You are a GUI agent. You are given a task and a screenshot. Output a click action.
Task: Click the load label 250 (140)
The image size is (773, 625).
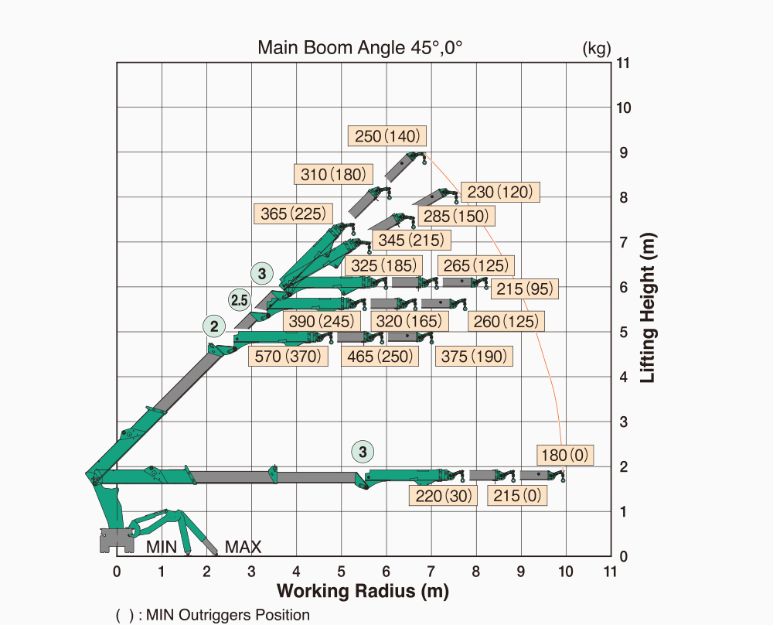pyautogui.click(x=387, y=136)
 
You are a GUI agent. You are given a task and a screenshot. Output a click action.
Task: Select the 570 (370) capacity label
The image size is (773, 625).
pyautogui.click(x=287, y=357)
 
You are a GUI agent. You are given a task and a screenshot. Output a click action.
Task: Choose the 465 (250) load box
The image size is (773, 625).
pyautogui.click(x=381, y=357)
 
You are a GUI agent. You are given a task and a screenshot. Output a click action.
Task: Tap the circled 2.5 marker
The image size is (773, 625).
pyautogui.click(x=239, y=299)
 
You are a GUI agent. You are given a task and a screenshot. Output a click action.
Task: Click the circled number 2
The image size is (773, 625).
pyautogui.click(x=213, y=326)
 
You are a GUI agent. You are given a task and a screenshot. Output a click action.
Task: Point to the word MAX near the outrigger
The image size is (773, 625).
pyautogui.click(x=243, y=548)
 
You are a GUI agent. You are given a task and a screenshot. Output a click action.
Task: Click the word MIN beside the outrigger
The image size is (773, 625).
pyautogui.click(x=162, y=548)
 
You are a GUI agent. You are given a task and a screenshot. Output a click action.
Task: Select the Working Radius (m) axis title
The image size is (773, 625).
pyautogui.click(x=363, y=592)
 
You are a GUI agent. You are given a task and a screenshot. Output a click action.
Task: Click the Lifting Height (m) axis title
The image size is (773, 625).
pyautogui.click(x=648, y=309)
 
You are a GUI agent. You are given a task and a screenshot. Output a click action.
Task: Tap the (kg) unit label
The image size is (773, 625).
pyautogui.click(x=596, y=49)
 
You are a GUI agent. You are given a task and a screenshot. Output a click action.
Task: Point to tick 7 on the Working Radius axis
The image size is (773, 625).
pyautogui.click(x=431, y=572)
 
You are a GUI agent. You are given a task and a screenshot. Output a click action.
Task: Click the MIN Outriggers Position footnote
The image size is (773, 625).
pyautogui.click(x=213, y=615)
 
